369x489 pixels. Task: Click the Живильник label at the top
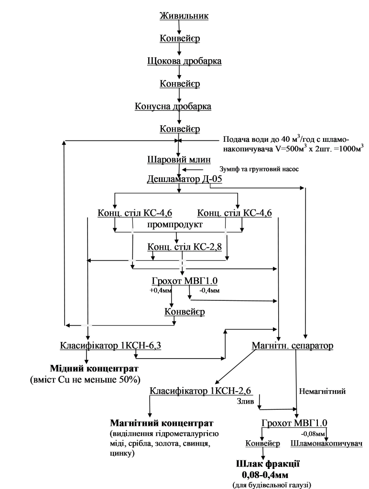[184, 16]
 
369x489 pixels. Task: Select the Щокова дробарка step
[184, 61]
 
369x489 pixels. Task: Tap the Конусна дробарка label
[173, 106]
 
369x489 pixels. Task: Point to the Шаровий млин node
[179, 159]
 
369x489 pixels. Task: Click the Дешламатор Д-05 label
[184, 180]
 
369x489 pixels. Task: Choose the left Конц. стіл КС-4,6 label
[135, 213]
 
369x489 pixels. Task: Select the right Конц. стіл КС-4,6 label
[235, 213]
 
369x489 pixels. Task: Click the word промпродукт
[175, 224]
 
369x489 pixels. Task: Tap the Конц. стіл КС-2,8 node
[184, 247]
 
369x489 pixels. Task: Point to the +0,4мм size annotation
[159, 291]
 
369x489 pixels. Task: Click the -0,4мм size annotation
[209, 291]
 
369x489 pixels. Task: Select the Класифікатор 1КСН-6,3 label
[110, 346]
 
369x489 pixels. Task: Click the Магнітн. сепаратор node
[292, 346]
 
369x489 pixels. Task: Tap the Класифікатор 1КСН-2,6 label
[200, 391]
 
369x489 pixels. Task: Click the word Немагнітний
[322, 391]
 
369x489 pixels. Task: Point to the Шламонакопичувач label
[326, 444]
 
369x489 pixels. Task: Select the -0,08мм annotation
[313, 434]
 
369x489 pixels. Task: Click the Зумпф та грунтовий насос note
[259, 169]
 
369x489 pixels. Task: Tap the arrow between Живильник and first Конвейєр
[179, 27]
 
